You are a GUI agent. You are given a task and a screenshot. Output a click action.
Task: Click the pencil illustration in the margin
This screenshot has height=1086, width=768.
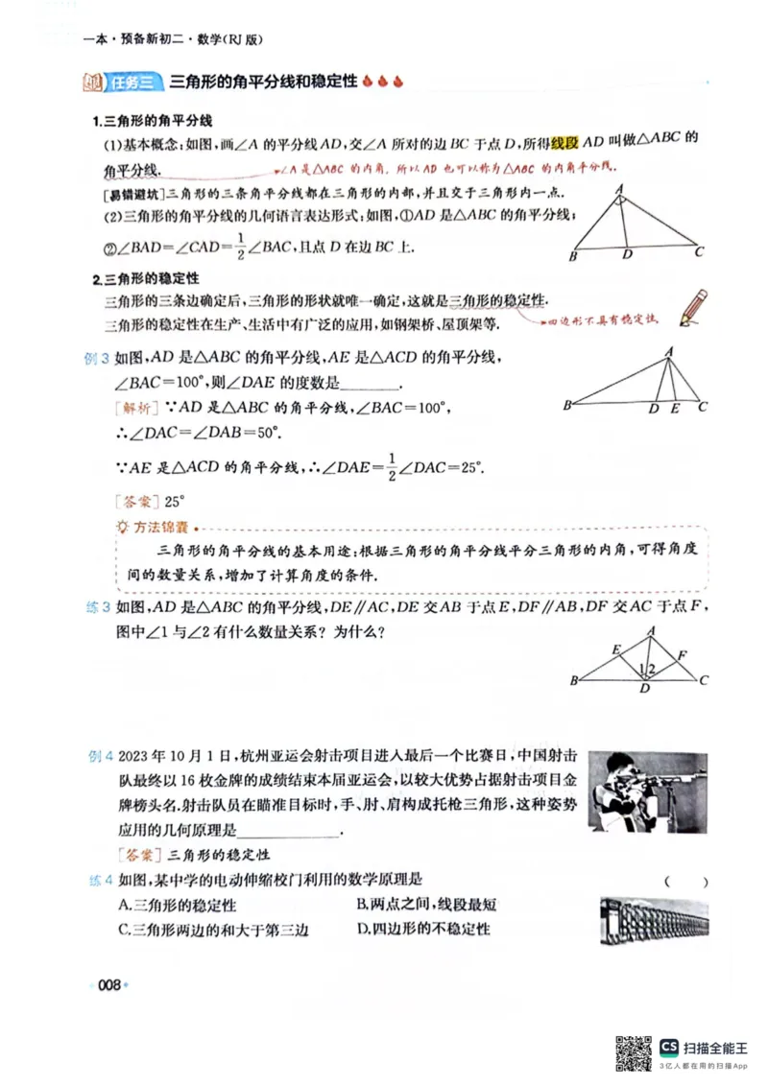693,306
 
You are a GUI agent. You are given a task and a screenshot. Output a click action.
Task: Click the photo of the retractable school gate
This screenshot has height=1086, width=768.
653,918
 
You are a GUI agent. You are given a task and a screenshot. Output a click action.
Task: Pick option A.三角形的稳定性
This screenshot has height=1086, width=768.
177,905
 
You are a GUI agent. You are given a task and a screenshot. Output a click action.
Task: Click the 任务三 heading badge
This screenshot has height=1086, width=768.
132,83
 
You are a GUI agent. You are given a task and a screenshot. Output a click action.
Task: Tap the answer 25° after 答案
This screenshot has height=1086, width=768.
174,501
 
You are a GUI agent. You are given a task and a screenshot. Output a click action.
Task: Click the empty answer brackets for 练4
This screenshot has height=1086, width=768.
685,882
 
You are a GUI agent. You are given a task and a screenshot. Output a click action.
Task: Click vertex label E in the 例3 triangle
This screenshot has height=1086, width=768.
675,409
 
